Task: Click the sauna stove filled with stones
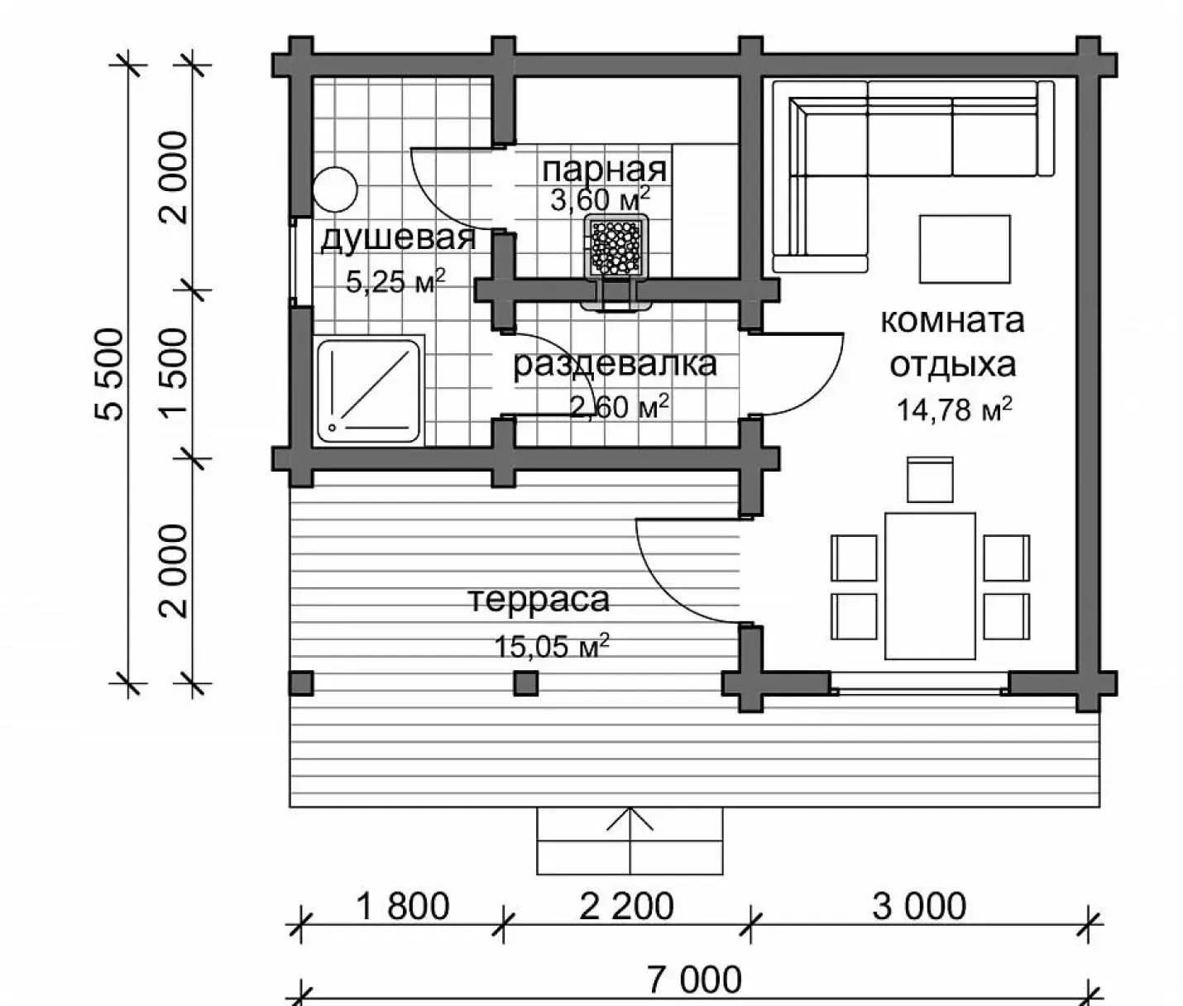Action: [x=615, y=249]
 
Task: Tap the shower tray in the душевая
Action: [x=369, y=390]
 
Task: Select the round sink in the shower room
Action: [x=335, y=189]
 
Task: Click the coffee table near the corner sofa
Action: [x=965, y=249]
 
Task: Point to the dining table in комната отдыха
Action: [x=930, y=586]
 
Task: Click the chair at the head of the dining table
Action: [x=930, y=479]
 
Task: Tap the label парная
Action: [x=605, y=170]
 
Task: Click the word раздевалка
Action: [x=614, y=365]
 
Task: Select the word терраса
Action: [x=539, y=600]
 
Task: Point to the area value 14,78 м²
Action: [x=954, y=409]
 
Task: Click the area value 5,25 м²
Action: [x=395, y=280]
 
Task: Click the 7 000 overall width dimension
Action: [x=694, y=979]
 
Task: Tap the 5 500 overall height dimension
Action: [x=110, y=375]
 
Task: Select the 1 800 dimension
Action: [x=403, y=907]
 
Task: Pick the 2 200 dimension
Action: [x=627, y=907]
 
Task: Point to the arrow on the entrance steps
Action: [x=630, y=840]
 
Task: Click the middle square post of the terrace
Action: [x=525, y=683]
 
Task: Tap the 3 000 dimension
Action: [x=919, y=907]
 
